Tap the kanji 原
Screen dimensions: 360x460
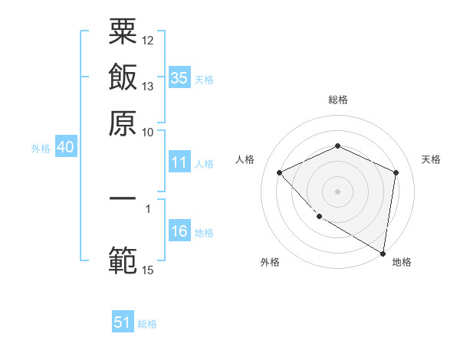tap(123, 123)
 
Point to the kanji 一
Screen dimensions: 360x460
tap(123, 198)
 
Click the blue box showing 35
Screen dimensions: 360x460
tap(179, 77)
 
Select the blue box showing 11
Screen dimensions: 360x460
tap(179, 162)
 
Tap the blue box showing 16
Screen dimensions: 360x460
tap(179, 231)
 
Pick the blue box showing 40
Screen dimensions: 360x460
tap(65, 148)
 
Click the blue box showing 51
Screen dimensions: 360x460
tap(123, 322)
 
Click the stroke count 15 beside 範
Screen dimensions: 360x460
tap(148, 270)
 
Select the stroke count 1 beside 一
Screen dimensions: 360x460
tap(147, 206)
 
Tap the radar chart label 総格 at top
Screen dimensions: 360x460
tap(337, 100)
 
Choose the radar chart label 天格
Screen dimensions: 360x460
tap(431, 159)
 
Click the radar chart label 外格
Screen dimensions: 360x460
tap(270, 262)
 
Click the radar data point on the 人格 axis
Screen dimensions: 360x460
tap(280, 172)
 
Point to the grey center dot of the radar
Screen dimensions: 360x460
tap(337, 191)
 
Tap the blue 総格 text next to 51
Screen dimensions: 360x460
tap(147, 324)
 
